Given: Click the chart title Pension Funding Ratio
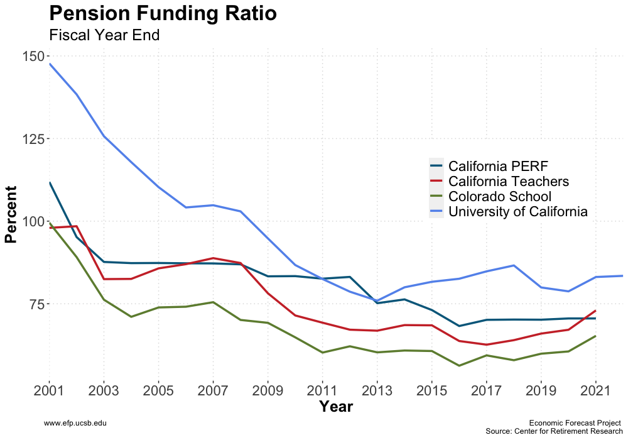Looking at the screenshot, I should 163,14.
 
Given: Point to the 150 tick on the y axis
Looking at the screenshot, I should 33,56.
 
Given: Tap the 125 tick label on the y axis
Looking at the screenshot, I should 33,139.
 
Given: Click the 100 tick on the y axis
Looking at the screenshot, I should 33,221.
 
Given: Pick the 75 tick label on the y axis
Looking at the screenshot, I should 36,304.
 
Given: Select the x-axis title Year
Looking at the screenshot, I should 335,407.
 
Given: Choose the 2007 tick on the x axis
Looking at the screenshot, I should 213,390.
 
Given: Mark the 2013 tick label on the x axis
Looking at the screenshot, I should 377,390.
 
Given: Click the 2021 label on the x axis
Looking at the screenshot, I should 595,390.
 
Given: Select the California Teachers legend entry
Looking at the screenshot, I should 509,182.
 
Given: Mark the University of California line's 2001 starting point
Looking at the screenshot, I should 49,63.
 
